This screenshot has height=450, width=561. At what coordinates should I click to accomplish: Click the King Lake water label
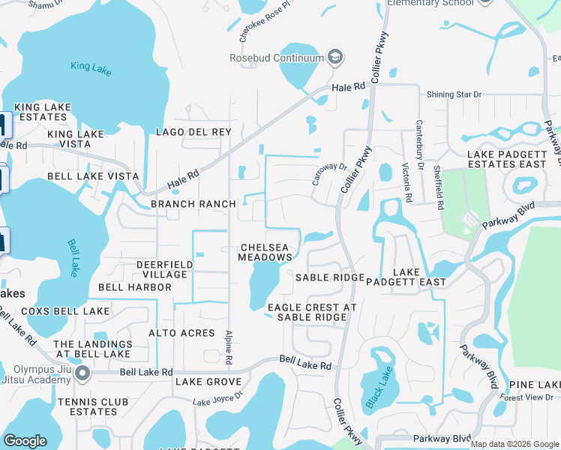(x=90, y=66)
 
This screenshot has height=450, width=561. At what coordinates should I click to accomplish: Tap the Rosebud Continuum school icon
(x=335, y=58)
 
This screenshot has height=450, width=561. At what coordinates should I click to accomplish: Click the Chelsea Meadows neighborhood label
(x=265, y=253)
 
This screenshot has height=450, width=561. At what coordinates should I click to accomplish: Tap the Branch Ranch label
(x=193, y=204)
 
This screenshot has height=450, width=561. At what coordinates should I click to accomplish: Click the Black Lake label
(x=379, y=387)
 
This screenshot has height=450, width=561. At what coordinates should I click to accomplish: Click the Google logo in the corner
(x=25, y=441)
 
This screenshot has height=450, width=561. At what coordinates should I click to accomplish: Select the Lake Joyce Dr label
(x=217, y=398)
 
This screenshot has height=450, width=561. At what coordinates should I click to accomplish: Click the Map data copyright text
(x=513, y=444)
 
